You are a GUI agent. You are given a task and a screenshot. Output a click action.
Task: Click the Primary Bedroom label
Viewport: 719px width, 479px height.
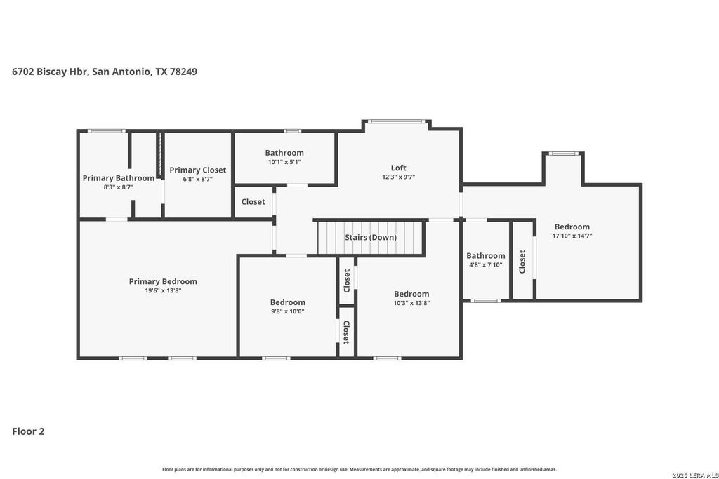163,281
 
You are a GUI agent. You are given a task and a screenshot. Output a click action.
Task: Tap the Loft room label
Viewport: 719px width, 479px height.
399,168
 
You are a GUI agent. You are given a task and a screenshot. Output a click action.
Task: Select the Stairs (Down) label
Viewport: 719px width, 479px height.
371,237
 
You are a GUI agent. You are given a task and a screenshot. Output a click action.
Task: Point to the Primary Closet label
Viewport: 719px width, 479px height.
197,170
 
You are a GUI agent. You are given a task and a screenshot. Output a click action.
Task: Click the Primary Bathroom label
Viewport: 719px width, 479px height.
118,178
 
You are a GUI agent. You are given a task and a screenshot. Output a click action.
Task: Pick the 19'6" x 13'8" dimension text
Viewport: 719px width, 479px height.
163,290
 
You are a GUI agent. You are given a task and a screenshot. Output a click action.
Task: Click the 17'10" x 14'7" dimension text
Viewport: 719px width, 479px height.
572,236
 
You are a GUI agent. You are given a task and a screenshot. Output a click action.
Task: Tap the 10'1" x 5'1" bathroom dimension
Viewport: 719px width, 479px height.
284,161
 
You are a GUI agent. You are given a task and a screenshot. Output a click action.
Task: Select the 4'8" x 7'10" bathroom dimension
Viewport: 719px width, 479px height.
486,264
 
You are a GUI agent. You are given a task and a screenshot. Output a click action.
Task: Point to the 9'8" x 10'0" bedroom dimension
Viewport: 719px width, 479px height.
287,311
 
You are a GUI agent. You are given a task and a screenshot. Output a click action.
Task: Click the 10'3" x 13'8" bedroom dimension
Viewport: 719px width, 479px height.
411,303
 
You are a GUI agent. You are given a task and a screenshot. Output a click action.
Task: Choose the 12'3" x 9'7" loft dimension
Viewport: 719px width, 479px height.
399,177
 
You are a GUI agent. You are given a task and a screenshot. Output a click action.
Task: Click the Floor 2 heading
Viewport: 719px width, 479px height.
28,431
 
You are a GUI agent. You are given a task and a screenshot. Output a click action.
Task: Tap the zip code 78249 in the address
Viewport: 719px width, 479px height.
183,72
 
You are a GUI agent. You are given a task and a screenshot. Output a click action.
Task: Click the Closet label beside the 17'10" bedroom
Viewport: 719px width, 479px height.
522,262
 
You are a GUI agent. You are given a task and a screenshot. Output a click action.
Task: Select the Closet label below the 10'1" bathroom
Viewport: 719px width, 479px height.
253,201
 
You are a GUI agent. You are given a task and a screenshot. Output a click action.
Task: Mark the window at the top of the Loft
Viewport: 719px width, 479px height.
397,122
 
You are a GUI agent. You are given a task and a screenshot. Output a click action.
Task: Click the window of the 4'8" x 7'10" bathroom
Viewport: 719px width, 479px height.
486,301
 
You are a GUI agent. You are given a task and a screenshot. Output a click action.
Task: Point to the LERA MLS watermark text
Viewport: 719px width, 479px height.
695,475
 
